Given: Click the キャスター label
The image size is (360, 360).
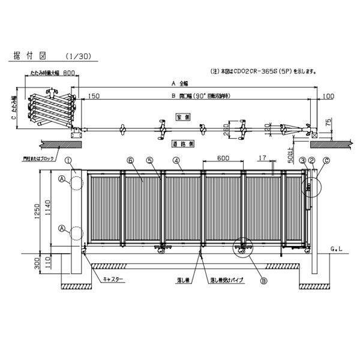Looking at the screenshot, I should pyautogui.click(x=113, y=280).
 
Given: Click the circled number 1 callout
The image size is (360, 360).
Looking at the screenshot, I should pyautogui.click(x=69, y=160).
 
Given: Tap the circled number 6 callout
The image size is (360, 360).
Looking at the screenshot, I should pyautogui.click(x=130, y=160).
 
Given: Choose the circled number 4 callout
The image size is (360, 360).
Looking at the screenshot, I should pyautogui.click(x=176, y=160).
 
